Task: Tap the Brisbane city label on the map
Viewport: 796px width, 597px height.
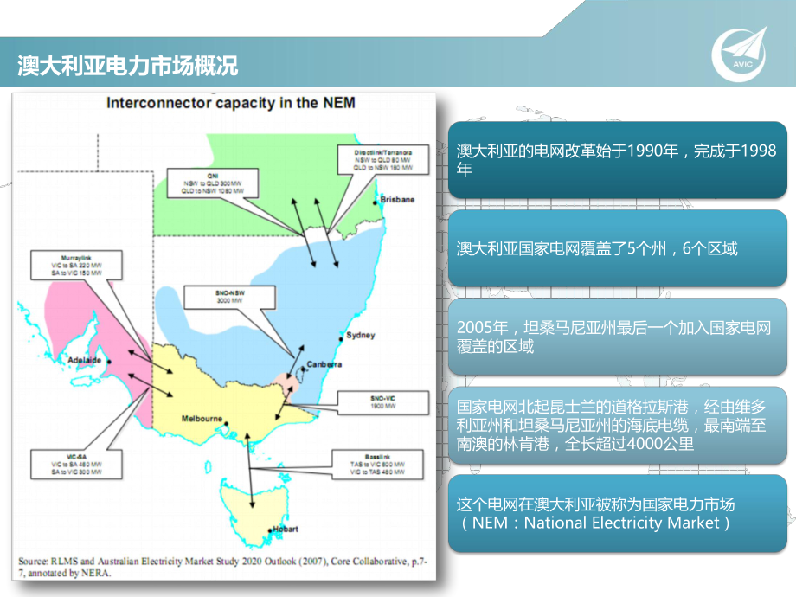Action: point(397,199)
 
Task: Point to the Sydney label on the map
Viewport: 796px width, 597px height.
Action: point(360,334)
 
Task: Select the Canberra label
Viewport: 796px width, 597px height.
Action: point(324,364)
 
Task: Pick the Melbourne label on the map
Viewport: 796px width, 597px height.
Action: point(202,419)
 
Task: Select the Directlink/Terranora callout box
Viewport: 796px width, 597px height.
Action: point(383,159)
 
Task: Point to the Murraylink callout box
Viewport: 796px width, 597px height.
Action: point(66,265)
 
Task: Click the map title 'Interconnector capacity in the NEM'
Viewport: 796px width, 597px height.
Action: point(230,103)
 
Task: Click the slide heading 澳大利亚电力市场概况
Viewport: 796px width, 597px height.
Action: point(127,65)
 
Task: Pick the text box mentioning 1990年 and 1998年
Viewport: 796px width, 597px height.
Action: point(617,160)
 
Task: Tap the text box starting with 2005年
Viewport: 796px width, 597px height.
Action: point(617,337)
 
